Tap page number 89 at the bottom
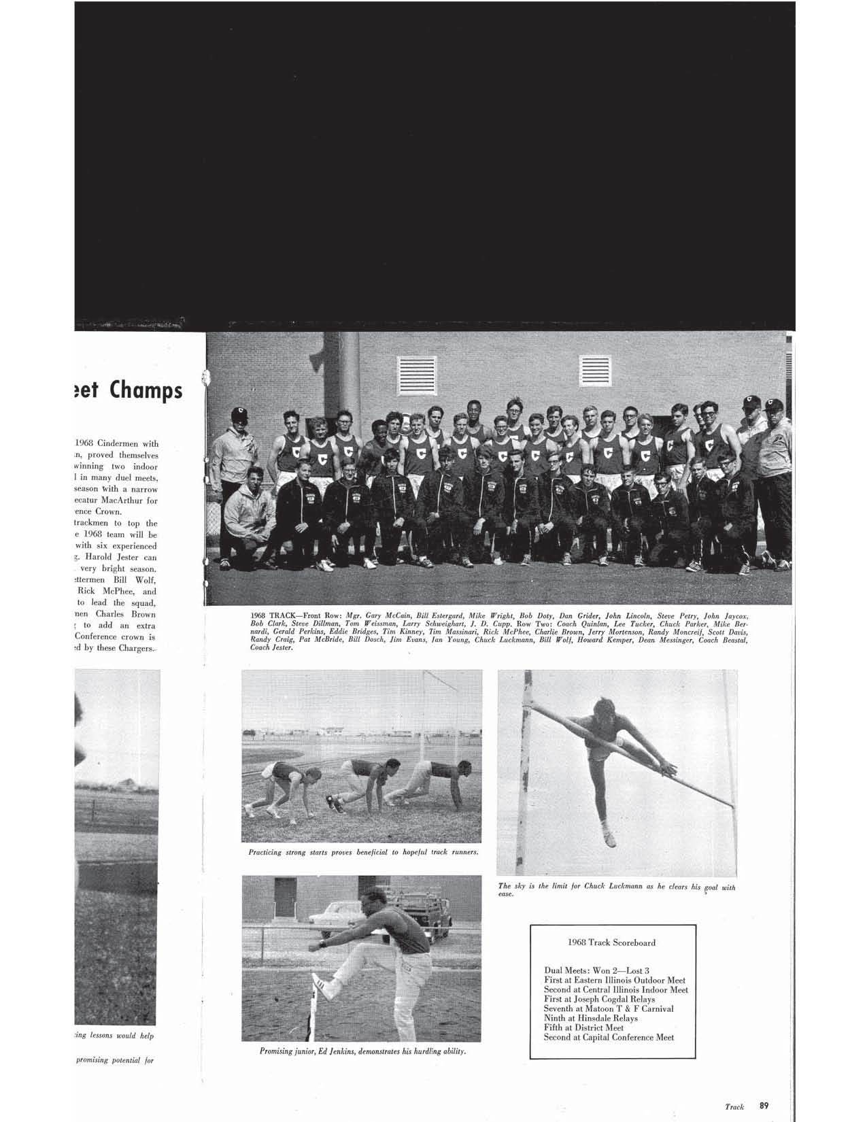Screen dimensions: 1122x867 [765, 1106]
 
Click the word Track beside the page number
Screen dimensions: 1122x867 [734, 1107]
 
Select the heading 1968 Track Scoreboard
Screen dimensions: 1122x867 [611, 942]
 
